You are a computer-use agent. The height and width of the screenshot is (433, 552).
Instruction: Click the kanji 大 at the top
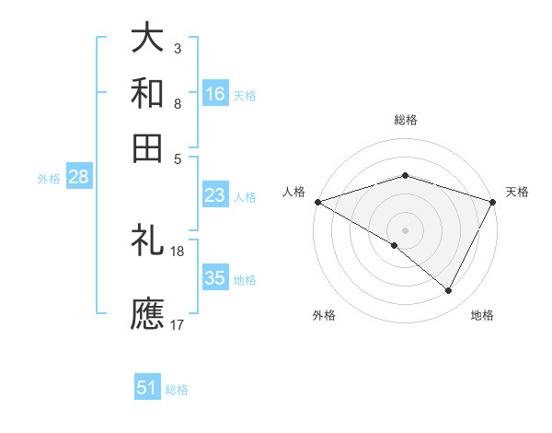click(147, 39)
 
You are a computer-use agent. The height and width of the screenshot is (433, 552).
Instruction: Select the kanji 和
click(147, 93)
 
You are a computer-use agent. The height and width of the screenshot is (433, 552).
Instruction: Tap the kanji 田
click(147, 147)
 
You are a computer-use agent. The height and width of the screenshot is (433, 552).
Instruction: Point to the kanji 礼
click(147, 241)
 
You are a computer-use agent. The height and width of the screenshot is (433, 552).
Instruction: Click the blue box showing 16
click(215, 93)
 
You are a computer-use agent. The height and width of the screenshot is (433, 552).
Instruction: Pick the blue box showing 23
click(215, 195)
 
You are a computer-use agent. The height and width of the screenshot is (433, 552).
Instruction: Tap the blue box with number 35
click(215, 278)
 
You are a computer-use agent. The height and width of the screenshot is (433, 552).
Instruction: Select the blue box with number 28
click(78, 178)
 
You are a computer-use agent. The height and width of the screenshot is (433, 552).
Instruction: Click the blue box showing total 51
click(147, 388)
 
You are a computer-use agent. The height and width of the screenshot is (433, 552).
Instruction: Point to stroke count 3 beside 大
click(177, 47)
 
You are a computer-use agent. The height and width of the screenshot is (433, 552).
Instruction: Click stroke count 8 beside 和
click(177, 103)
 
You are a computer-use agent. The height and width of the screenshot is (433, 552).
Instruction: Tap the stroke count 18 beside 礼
click(178, 251)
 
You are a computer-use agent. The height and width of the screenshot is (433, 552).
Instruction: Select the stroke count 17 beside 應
click(178, 323)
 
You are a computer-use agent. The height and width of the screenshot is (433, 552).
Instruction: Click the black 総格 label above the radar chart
click(405, 120)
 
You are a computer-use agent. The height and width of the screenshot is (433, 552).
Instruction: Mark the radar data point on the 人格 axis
click(317, 201)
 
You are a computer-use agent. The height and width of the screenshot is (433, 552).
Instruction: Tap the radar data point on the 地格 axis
click(449, 291)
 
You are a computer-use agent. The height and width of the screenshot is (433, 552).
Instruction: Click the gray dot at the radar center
click(405, 229)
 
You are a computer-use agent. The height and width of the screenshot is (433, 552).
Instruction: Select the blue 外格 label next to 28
click(49, 179)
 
